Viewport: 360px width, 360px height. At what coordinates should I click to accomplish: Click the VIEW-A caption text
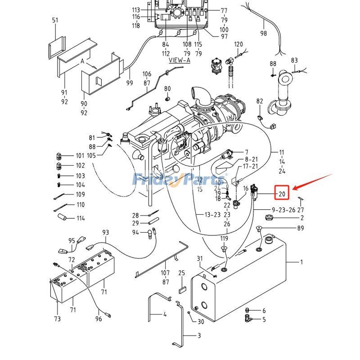click(x=180, y=60)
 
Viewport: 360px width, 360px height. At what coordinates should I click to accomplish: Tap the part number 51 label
click(x=55, y=20)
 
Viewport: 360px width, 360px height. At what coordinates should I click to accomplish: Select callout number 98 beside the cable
click(x=264, y=33)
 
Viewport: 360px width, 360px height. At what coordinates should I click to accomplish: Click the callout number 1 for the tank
click(x=301, y=262)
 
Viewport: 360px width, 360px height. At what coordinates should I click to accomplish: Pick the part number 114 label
click(x=81, y=218)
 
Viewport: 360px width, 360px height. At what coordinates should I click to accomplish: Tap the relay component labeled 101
click(x=59, y=156)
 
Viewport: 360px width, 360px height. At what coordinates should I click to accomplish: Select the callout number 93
click(x=106, y=232)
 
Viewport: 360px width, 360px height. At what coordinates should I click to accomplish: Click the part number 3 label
click(x=199, y=336)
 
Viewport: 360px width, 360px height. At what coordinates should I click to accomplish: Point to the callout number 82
click(x=260, y=101)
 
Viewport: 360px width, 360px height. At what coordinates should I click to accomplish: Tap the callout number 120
click(x=238, y=44)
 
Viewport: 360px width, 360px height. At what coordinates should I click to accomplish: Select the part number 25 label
click(x=182, y=273)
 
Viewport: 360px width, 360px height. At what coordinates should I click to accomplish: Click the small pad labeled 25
click(x=182, y=290)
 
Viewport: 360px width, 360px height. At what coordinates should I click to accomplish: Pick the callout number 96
click(x=99, y=319)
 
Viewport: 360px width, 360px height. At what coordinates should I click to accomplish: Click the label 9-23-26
click(x=283, y=210)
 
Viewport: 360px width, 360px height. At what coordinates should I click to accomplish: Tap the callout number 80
click(x=167, y=89)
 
